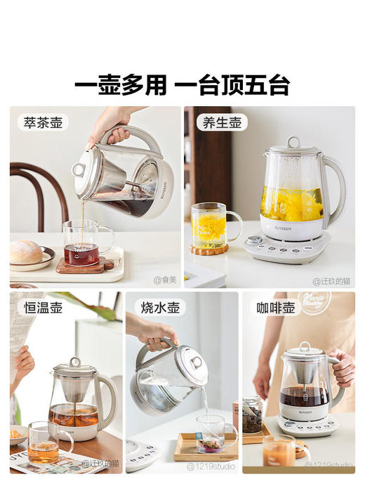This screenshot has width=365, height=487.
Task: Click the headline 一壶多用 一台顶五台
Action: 182,86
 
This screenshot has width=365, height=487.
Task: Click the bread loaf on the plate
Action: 27,252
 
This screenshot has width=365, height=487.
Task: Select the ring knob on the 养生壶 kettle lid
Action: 293,143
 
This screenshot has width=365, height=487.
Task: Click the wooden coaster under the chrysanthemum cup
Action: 209,249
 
